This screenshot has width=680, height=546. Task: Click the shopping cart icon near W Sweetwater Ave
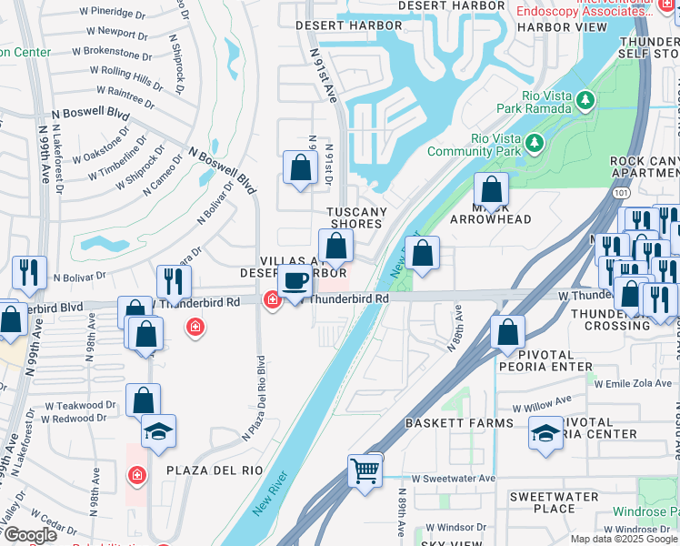pos(365,471)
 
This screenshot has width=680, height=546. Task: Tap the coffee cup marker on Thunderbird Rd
pos(295,283)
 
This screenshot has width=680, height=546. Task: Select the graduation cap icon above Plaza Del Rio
pos(159,432)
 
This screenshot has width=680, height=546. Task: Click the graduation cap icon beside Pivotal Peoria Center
pos(545,434)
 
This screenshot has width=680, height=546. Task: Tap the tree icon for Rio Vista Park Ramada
pos(586,99)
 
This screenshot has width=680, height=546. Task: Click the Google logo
pos(31,535)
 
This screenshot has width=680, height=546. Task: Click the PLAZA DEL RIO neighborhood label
pos(215,470)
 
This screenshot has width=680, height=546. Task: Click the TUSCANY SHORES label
pos(355,218)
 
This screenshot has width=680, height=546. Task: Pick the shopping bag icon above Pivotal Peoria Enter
pos(507,332)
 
